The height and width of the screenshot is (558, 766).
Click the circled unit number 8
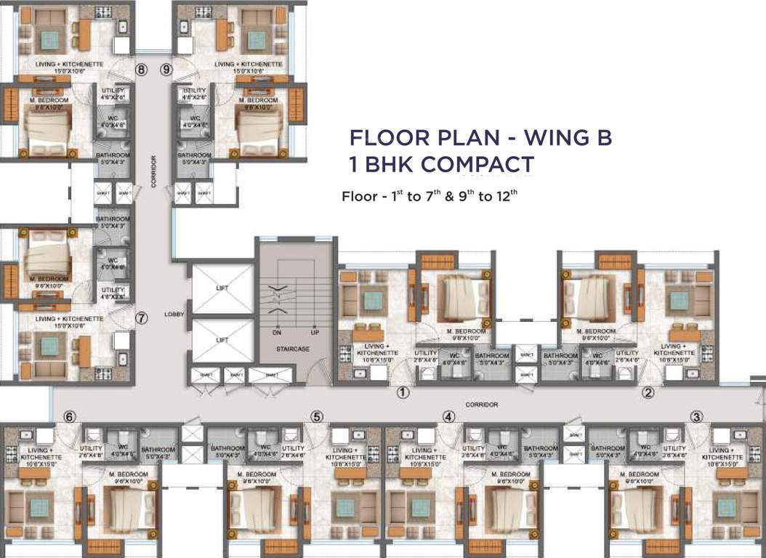(141, 70)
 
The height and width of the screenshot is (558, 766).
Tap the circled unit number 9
(166, 70)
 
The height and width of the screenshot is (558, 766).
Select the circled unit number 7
(142, 318)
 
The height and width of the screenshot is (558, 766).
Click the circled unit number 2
(648, 393)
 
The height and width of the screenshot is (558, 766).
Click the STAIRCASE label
(294, 349)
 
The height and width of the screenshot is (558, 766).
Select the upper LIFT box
(222, 288)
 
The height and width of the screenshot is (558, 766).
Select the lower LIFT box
(222, 339)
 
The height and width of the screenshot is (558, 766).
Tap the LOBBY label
(175, 314)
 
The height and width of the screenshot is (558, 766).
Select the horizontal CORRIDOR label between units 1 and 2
(482, 404)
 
